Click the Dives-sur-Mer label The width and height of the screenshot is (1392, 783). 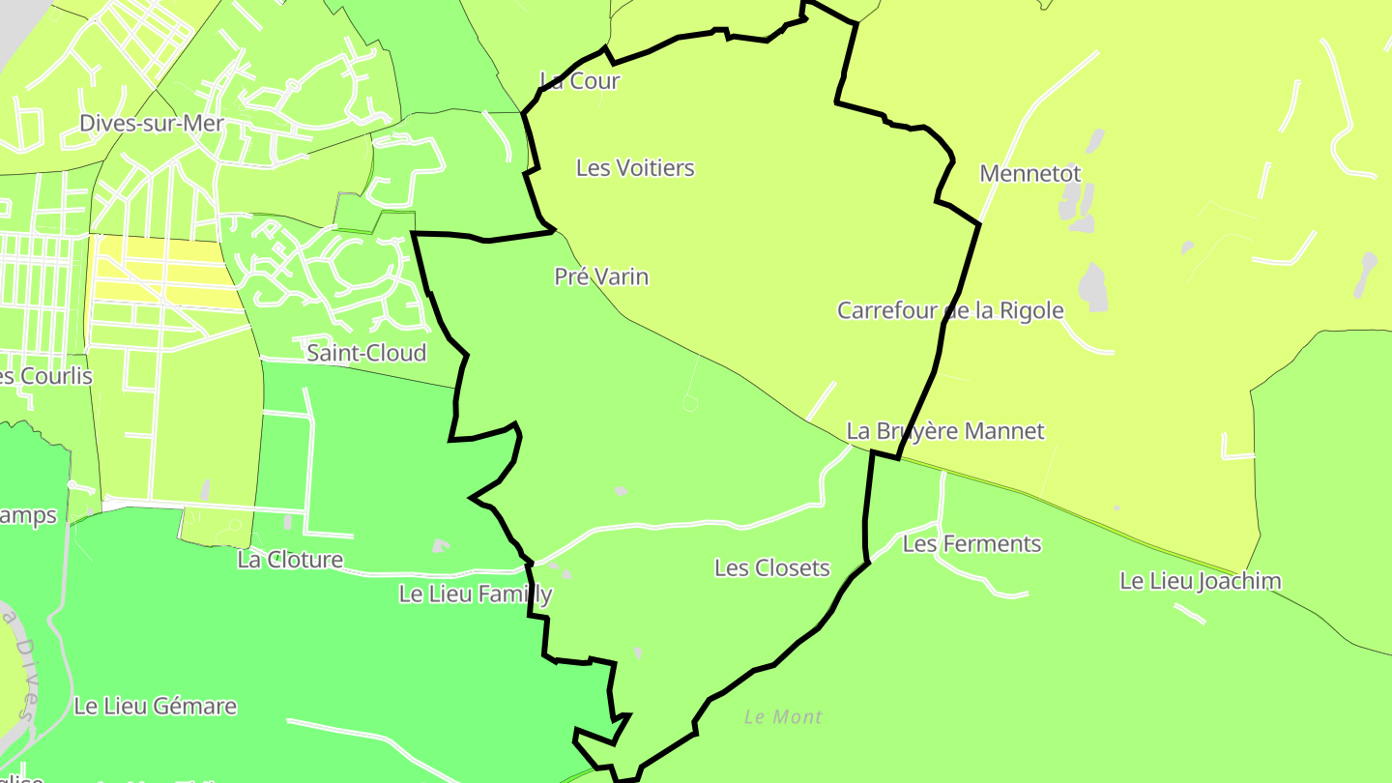pyautogui.click(x=152, y=124)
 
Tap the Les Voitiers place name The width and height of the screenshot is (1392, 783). pyautogui.click(x=635, y=168)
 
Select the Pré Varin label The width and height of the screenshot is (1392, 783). pyautogui.click(x=601, y=277)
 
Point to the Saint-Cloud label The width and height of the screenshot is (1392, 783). pyautogui.click(x=366, y=353)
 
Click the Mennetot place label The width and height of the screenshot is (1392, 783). pyautogui.click(x=1030, y=174)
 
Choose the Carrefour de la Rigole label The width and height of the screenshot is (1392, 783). pyautogui.click(x=950, y=311)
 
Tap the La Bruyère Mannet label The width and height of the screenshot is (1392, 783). pyautogui.click(x=945, y=431)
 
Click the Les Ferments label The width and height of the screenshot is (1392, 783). pyautogui.click(x=971, y=544)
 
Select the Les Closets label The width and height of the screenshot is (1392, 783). pyautogui.click(x=772, y=568)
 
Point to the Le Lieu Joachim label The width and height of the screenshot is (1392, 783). pyautogui.click(x=1201, y=582)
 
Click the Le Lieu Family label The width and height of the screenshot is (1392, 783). pyautogui.click(x=476, y=594)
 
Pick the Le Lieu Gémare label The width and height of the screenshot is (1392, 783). pyautogui.click(x=155, y=707)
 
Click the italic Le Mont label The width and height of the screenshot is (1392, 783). pyautogui.click(x=783, y=717)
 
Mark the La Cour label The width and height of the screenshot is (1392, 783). pyautogui.click(x=580, y=81)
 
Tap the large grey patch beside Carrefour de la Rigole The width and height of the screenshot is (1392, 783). pyautogui.click(x=1092, y=287)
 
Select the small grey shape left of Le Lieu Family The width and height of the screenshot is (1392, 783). pyautogui.click(x=441, y=546)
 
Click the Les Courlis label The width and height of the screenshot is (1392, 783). pyautogui.click(x=43, y=376)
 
